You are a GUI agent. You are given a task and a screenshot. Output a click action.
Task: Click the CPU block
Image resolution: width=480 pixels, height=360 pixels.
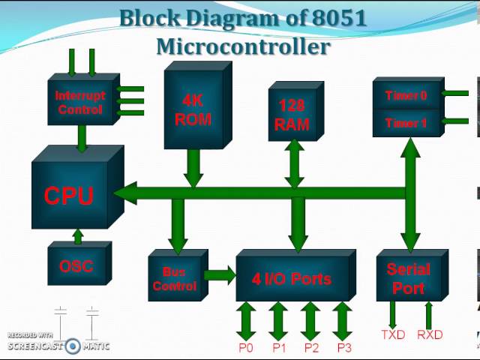click(x=69, y=195)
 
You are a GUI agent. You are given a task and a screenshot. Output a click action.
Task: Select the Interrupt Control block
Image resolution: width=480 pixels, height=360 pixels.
click(x=80, y=103)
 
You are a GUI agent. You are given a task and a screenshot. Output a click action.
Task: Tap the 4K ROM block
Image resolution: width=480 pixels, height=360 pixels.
click(x=193, y=110)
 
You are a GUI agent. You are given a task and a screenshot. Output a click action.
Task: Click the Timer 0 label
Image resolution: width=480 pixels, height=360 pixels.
click(x=406, y=96)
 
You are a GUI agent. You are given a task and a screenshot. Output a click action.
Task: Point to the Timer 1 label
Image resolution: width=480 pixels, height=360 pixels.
click(x=406, y=123)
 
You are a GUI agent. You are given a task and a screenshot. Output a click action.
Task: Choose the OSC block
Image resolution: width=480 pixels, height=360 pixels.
click(x=76, y=266)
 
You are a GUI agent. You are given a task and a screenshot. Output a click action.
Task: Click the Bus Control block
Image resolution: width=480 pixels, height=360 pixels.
click(x=174, y=278)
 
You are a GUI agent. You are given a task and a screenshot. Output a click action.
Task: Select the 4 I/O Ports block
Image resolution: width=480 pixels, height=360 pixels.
click(x=292, y=279)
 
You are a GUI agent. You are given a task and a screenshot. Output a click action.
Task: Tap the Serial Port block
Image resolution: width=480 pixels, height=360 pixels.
click(x=409, y=278)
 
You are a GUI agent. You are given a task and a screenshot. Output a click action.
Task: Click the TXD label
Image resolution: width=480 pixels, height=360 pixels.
click(x=392, y=334)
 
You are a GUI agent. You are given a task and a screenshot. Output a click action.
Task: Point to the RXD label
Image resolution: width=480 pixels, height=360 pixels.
click(x=430, y=334)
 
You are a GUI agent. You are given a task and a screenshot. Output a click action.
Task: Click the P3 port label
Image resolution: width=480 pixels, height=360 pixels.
click(x=343, y=348)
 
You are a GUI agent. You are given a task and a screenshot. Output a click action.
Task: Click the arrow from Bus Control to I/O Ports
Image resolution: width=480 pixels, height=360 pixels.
click(x=220, y=274)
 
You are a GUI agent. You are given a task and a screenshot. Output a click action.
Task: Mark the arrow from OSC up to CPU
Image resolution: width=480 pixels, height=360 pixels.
click(x=77, y=236)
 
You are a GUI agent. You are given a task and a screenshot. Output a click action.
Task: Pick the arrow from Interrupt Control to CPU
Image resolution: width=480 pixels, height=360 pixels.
click(x=82, y=137)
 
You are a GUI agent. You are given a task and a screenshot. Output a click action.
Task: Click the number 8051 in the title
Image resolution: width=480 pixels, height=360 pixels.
click(x=337, y=18)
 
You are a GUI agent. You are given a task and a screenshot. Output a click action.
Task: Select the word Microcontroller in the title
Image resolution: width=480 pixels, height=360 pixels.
click(x=243, y=46)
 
